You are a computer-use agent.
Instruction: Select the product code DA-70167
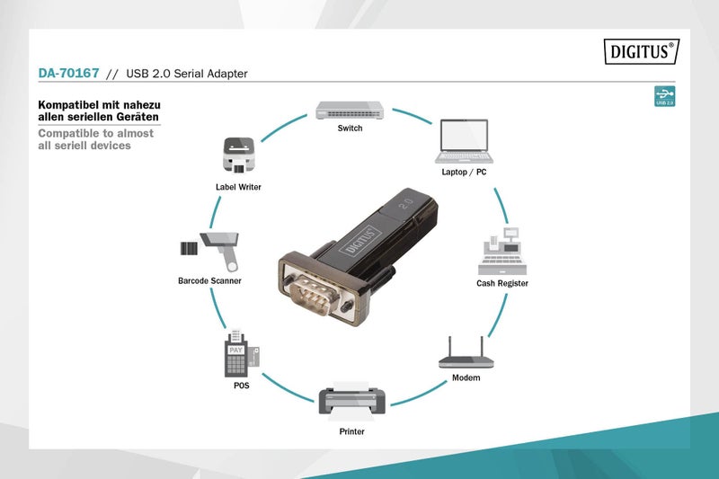tap(68, 73)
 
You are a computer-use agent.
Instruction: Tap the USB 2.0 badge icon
tap(665, 96)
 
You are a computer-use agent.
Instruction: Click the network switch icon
tap(351, 110)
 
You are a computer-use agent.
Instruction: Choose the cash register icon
tap(502, 252)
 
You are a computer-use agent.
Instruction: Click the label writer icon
tap(237, 155)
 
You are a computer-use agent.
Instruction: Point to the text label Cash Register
tap(502, 283)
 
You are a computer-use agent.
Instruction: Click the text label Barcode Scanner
tap(209, 280)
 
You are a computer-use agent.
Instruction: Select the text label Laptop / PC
tap(465, 171)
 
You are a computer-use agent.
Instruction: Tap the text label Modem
tap(466, 377)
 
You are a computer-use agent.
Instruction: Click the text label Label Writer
tap(238, 187)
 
